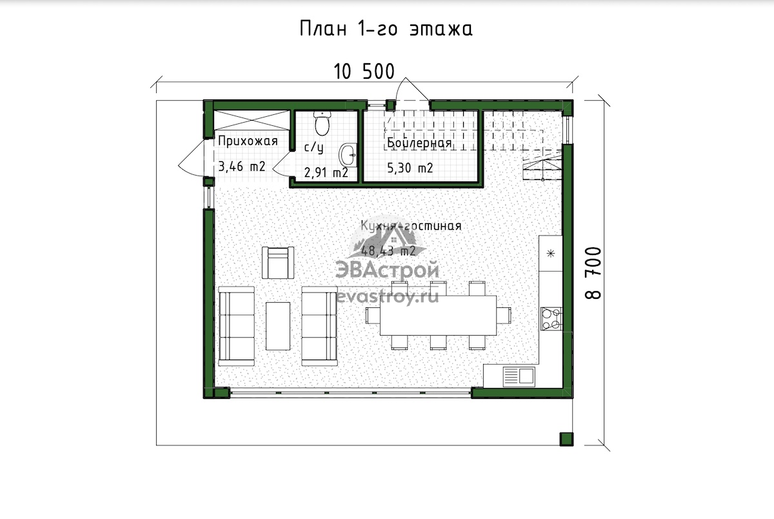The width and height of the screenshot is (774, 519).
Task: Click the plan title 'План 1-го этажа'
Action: point(386,29)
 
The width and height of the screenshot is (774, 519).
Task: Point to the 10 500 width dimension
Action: point(364,72)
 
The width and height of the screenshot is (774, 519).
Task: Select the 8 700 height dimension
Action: point(593,273)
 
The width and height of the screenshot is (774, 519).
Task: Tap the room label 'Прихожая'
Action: point(248,141)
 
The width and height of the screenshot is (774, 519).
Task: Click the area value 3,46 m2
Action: point(241,167)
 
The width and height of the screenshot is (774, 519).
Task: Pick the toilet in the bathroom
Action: point(322,123)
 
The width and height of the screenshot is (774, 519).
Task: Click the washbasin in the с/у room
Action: point(348,155)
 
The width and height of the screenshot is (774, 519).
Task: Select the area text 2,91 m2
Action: point(326,172)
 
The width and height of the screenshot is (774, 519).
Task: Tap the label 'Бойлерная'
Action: point(419,143)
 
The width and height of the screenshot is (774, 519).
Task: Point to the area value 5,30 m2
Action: point(410,168)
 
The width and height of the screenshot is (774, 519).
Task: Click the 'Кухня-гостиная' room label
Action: point(411,226)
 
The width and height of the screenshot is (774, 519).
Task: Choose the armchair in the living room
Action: point(278,263)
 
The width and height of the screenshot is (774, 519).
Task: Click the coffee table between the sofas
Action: point(278,326)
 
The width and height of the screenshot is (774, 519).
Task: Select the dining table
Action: point(438,316)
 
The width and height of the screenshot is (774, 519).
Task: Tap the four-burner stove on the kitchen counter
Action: point(551,318)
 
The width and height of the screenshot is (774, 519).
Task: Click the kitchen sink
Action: point(519,376)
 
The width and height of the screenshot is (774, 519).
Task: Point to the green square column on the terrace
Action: point(566,439)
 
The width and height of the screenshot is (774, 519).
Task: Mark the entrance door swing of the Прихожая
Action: point(191,158)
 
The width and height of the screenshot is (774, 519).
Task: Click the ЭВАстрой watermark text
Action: point(388,270)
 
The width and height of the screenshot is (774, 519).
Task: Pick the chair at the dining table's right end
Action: point(504,316)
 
